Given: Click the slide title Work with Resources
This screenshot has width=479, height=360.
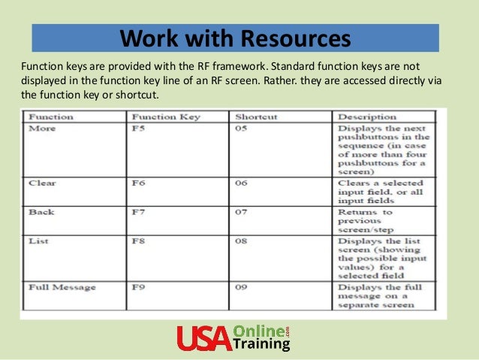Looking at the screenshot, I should (236, 37).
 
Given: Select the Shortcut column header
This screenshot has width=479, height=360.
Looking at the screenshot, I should (256, 117).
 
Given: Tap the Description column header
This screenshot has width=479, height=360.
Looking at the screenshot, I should (367, 117).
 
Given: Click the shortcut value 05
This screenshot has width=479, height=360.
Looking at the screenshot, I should (241, 129).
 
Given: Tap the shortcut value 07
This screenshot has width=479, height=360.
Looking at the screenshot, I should (241, 213).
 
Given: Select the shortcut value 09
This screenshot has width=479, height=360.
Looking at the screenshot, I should (241, 287).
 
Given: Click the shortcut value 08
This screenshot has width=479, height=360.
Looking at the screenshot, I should (241, 242).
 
